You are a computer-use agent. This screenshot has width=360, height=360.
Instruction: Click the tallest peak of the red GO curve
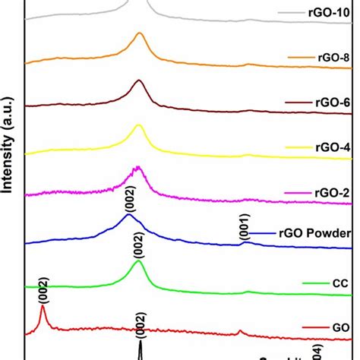[x=43, y=307]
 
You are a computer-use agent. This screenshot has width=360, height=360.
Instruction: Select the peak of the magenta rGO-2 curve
[x=137, y=167]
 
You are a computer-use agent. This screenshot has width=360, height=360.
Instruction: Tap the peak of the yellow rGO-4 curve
[x=138, y=126]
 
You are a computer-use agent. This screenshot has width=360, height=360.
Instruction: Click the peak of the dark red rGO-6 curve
[x=138, y=81]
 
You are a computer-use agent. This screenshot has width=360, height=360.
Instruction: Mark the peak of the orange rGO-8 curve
[x=139, y=33]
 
